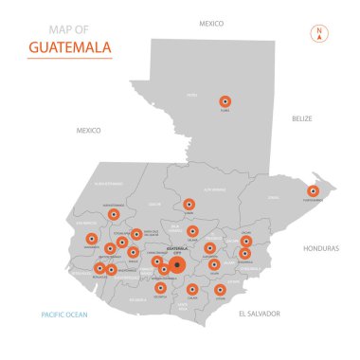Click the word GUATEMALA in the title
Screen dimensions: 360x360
[x=68, y=46]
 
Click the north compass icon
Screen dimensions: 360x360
[x=319, y=34]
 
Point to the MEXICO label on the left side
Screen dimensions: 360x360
[x=88, y=130]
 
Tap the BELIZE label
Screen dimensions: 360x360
[x=302, y=118]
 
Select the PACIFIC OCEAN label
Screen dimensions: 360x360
[x=64, y=313]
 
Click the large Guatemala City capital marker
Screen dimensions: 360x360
[x=178, y=265]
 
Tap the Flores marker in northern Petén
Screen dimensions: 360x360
[x=225, y=100]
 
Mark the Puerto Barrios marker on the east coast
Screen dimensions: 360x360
[x=315, y=190]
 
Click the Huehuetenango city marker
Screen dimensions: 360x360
[x=114, y=214]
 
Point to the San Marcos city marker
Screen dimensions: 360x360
[x=92, y=240]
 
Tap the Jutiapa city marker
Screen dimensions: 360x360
[x=220, y=290]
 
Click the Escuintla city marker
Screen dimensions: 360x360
[x=160, y=287]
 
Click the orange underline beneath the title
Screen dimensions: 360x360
[x=68, y=60]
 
